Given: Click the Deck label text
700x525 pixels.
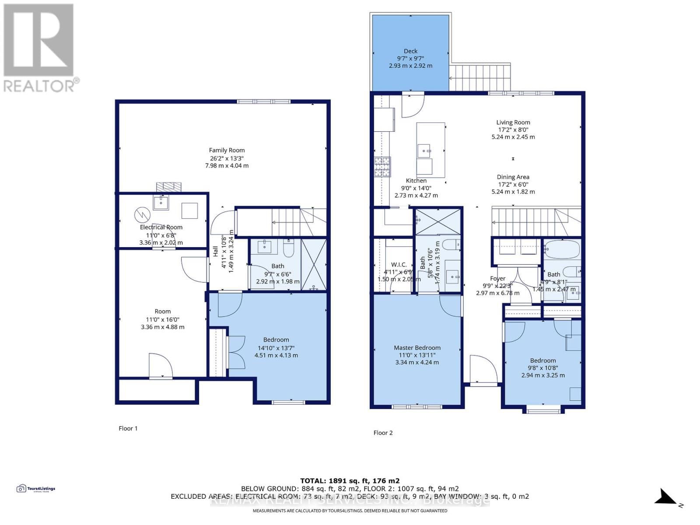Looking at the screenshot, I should pos(410,51).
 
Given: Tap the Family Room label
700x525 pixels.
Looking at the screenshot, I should pos(227,150).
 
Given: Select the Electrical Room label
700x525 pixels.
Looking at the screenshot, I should pos(161,227).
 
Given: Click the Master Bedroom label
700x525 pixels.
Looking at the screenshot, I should pos(417,348).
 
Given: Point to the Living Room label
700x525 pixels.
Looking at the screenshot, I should pos(513,122).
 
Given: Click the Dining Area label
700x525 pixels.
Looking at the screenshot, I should pos(513,177).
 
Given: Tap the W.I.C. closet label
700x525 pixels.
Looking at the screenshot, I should pos(399,265).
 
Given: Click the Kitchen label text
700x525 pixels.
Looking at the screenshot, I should pos(416,181).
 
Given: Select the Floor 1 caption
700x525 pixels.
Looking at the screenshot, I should pos(128,428).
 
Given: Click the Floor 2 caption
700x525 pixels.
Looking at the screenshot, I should pos(383,433).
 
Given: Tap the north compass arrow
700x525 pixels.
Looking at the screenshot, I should pos(667,498).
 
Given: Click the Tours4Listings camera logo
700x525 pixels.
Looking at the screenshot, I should pos(21,489).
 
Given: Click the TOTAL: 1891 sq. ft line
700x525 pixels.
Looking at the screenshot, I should pos(350,480).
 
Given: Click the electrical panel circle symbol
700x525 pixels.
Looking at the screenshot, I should pos(142,214).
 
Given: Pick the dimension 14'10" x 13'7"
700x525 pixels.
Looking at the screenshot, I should pos(276,348).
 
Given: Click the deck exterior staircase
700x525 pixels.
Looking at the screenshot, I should pos(480,78).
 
